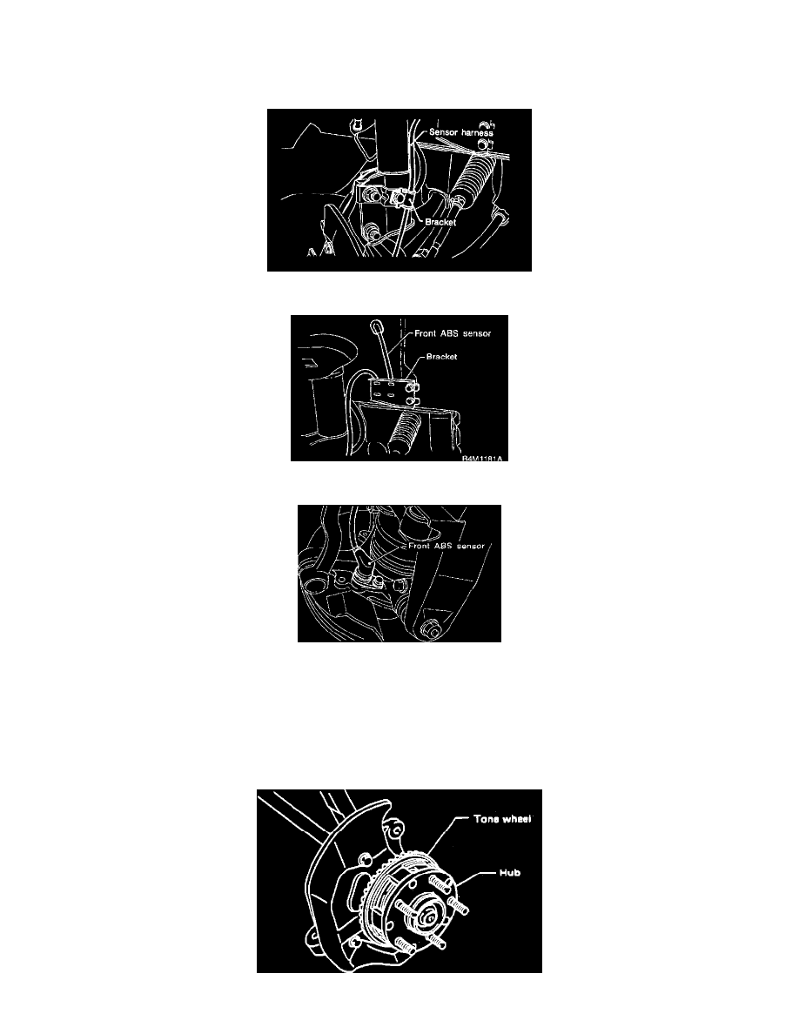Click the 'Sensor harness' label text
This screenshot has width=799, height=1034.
[x=460, y=132]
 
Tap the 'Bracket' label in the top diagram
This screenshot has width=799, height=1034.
[x=440, y=222]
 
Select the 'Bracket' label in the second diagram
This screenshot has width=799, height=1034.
[x=441, y=357]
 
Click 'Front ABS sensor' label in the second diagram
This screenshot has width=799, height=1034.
[x=453, y=333]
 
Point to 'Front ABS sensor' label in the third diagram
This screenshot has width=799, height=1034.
[x=446, y=546]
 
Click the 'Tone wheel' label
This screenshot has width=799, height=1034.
[x=502, y=819]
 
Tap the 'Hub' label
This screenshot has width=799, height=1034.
[x=509, y=873]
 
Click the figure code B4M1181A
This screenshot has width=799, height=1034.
[x=482, y=458]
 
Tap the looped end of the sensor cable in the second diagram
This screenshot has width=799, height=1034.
[x=376, y=326]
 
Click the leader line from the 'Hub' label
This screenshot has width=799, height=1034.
[x=477, y=877]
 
